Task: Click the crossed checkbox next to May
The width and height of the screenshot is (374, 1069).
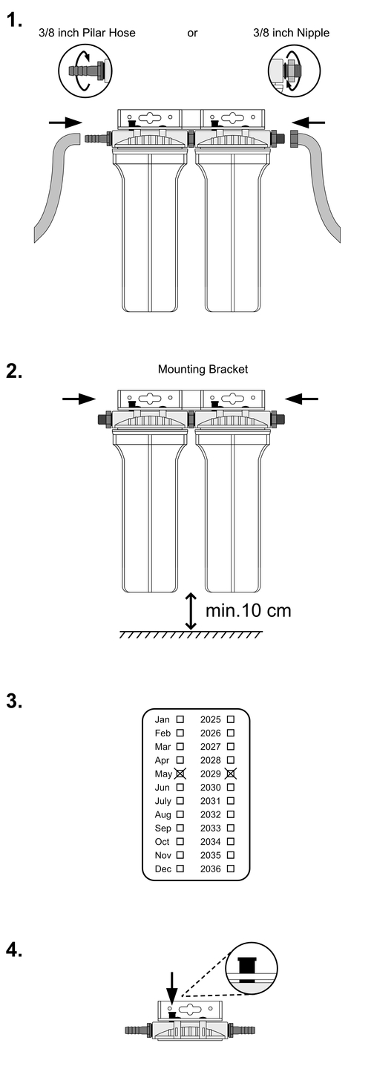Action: pos(180,774)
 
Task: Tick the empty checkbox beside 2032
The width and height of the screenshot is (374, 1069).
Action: pos(230,814)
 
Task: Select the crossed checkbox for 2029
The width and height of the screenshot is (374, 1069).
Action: pos(231,774)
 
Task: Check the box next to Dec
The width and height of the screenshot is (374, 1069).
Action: pos(180,869)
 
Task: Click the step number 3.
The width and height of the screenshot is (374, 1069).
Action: pos(14,702)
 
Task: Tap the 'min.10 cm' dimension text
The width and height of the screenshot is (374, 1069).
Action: pos(248,610)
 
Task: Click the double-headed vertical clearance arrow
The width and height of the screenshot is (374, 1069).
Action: pos(191,612)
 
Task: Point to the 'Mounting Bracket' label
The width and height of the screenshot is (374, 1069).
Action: pos(203,369)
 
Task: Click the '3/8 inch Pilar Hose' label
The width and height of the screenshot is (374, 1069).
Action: pos(88,33)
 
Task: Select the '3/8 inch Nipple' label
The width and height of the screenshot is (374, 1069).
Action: pos(292,33)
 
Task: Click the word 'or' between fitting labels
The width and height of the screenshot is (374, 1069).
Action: pos(192,33)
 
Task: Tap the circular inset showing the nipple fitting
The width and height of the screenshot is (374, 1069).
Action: pos(295,71)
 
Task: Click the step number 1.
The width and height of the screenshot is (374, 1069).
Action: pos(14,20)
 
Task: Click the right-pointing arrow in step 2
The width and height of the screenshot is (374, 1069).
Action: pos(79,399)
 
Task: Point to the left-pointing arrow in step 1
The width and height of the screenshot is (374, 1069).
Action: pos(308,122)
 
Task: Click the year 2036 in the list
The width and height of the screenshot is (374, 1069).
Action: pos(211,869)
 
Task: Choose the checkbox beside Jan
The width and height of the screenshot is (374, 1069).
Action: pos(180,719)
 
